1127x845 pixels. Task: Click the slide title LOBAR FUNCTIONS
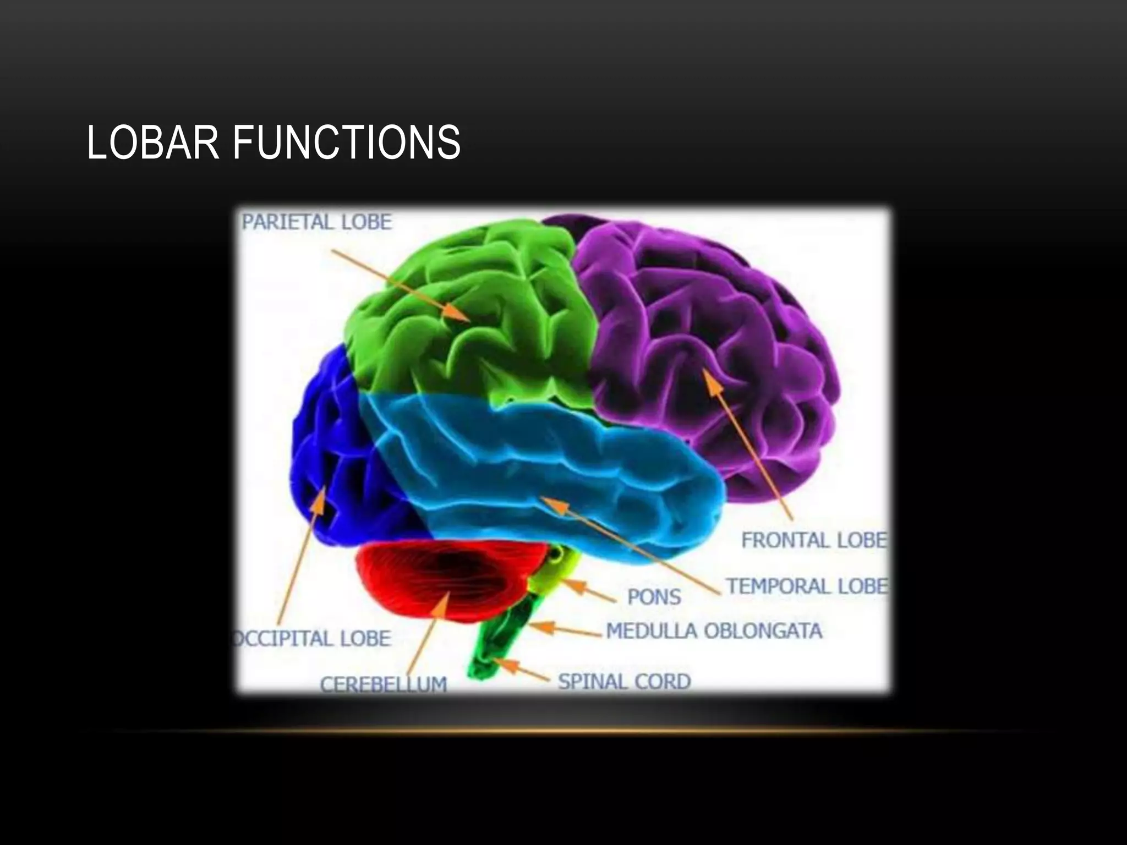tap(273, 142)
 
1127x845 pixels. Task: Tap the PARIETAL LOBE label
tap(317, 222)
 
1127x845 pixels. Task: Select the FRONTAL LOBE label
tap(814, 540)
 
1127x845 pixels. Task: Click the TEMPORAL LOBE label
tap(807, 586)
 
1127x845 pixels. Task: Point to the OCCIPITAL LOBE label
tap(313, 639)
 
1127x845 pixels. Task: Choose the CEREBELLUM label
tap(384, 685)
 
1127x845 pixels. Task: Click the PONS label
tap(654, 597)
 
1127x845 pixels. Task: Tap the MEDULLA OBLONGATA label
tap(714, 631)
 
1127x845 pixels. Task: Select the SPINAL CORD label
tap(625, 682)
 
